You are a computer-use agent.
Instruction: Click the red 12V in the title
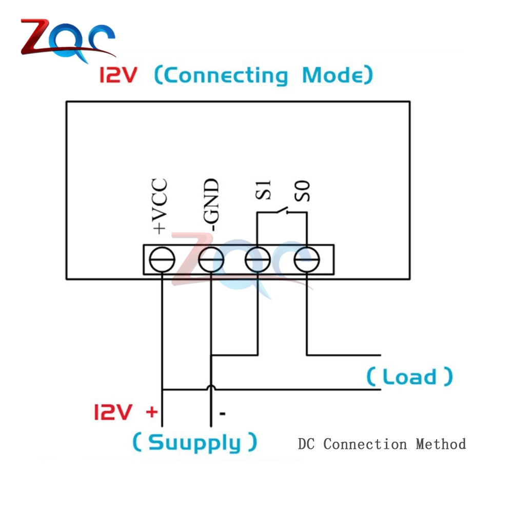pyautogui.click(x=119, y=76)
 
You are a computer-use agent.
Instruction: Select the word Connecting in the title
pyautogui.click(x=221, y=76)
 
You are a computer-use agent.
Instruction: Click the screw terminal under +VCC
pyautogui.click(x=162, y=260)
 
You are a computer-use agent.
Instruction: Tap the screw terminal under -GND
pyautogui.click(x=211, y=260)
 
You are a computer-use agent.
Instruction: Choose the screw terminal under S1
pyautogui.click(x=258, y=260)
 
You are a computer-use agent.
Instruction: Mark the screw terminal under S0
pyautogui.click(x=307, y=260)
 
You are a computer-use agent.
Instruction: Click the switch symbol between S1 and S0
pyautogui.click(x=281, y=210)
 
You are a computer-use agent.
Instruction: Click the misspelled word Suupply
pyautogui.click(x=194, y=442)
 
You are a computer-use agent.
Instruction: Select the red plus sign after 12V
pyautogui.click(x=151, y=411)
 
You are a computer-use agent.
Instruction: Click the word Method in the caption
pyautogui.click(x=441, y=444)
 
